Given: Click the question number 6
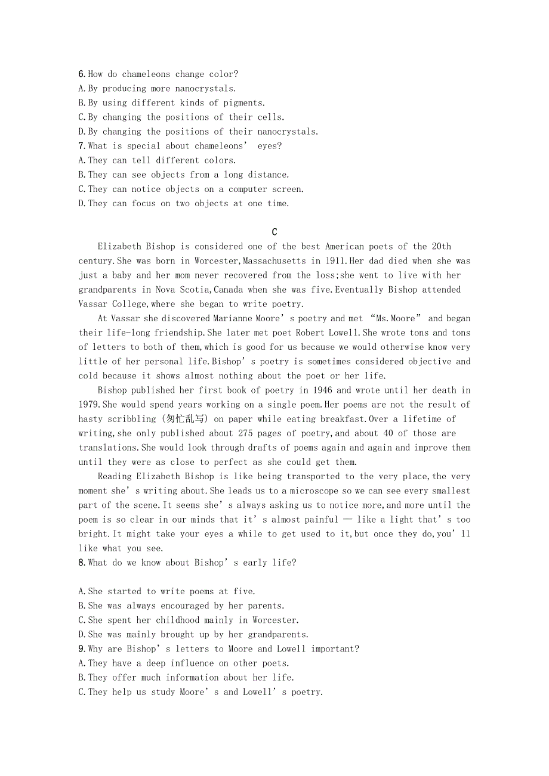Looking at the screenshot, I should [82, 75].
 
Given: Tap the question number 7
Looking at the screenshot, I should [82, 146].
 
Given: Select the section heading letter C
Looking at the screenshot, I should [274, 232].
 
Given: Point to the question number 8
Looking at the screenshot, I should [82, 563].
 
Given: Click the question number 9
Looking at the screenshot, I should [82, 649].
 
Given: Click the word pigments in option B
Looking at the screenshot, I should [245, 103].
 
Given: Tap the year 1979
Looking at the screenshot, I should [88, 405].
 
